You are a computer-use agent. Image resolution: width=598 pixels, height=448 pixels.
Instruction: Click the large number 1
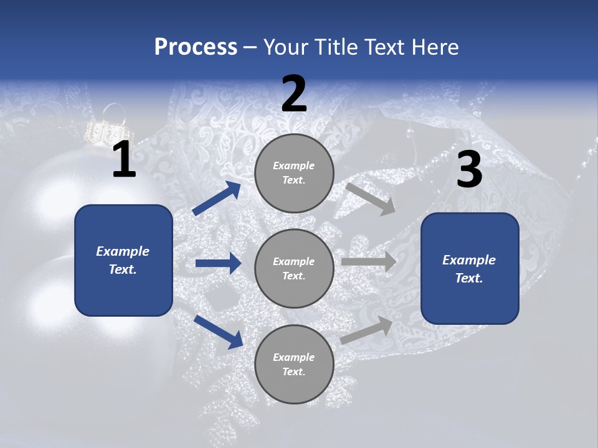pyautogui.click(x=124, y=160)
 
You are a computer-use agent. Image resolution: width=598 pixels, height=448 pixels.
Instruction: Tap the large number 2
pyautogui.click(x=294, y=94)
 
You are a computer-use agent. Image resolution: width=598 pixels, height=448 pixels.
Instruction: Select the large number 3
pyautogui.click(x=469, y=170)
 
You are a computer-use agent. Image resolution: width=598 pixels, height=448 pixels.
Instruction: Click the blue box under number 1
pyautogui.click(x=123, y=260)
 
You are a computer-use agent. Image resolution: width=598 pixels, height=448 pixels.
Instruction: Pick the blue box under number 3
pyautogui.click(x=470, y=268)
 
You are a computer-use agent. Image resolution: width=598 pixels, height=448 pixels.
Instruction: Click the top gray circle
pyautogui.click(x=294, y=173)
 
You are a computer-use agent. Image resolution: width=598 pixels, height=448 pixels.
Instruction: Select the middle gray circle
pyautogui.click(x=294, y=268)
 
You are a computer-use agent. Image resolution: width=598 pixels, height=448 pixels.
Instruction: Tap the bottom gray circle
pyautogui.click(x=294, y=364)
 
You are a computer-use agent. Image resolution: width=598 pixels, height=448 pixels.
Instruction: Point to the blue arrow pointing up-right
pyautogui.click(x=217, y=198)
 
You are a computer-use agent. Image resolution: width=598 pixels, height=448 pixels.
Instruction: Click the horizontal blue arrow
pyautogui.click(x=218, y=263)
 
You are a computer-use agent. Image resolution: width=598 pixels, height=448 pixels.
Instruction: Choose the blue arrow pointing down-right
pyautogui.click(x=218, y=331)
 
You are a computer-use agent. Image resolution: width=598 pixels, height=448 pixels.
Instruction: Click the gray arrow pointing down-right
pyautogui.click(x=370, y=198)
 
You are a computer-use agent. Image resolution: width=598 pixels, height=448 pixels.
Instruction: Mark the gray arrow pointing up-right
pyautogui.click(x=367, y=330)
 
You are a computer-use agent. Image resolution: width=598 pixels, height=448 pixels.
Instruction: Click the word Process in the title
pyautogui.click(x=196, y=47)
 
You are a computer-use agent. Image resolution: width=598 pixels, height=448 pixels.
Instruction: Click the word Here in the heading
pyautogui.click(x=434, y=47)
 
